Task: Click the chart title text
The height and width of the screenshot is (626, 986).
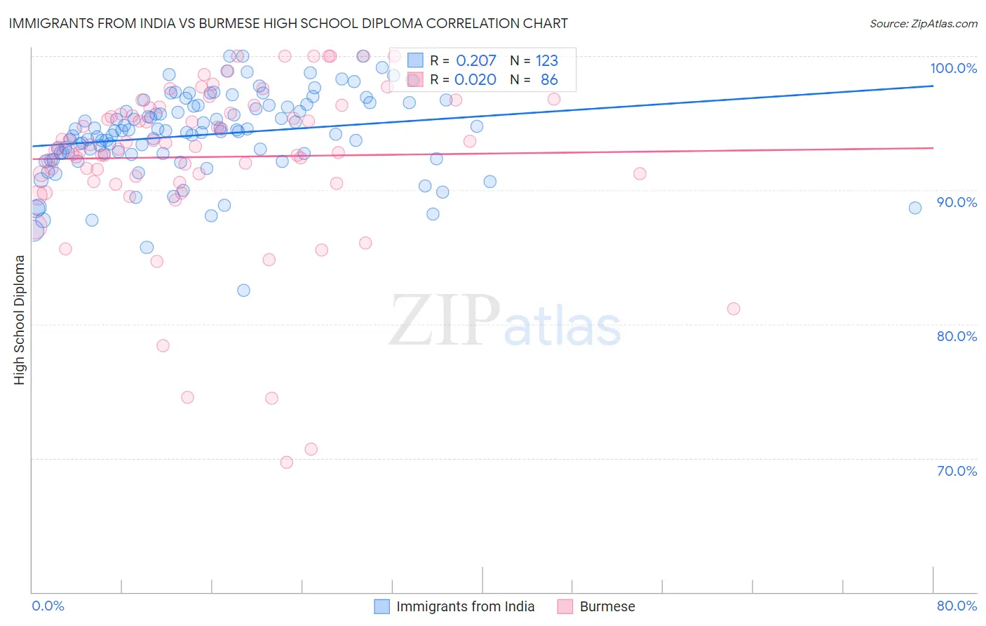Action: pyautogui.click(x=288, y=23)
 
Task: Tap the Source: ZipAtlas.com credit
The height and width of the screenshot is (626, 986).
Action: pyautogui.click(x=923, y=23)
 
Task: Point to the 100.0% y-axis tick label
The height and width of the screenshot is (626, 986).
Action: pyautogui.click(x=953, y=68)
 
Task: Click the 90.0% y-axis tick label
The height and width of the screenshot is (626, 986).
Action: pyautogui.click(x=957, y=202)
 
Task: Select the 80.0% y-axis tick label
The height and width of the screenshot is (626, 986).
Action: pyautogui.click(x=957, y=336)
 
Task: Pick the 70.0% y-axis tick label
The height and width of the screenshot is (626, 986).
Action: pyautogui.click(x=957, y=471)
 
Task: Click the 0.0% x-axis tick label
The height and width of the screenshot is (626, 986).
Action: pyautogui.click(x=48, y=606)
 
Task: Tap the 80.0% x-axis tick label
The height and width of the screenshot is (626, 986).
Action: pyautogui.click(x=957, y=606)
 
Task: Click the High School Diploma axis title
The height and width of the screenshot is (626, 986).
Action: pyautogui.click(x=19, y=319)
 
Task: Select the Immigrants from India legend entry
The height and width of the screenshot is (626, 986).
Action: pyautogui.click(x=465, y=606)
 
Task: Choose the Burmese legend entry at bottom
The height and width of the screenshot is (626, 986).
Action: pyautogui.click(x=607, y=606)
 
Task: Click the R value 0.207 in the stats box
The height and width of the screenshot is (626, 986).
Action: pyautogui.click(x=476, y=61)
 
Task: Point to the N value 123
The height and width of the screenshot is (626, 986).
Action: pyautogui.click(x=547, y=61)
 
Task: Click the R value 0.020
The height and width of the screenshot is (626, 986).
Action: pyautogui.click(x=475, y=80)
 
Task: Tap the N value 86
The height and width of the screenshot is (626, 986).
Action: pyautogui.click(x=549, y=80)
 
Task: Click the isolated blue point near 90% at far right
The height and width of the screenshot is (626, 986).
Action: pyautogui.click(x=915, y=208)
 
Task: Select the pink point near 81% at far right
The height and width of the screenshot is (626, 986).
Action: pyautogui.click(x=734, y=309)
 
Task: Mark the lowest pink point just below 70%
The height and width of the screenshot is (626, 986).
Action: pyautogui.click(x=286, y=462)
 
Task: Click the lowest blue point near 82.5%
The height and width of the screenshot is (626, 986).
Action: pyautogui.click(x=243, y=291)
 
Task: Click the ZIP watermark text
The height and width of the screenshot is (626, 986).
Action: pyautogui.click(x=445, y=321)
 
